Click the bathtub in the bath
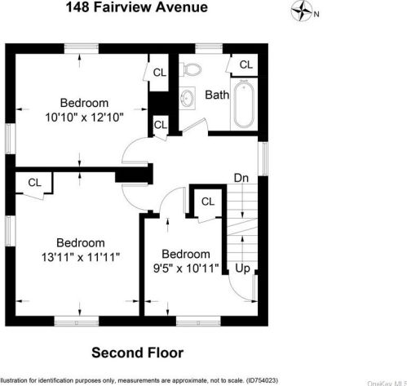[x=244, y=104]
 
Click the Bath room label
[x=216, y=95]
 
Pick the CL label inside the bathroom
[x=246, y=64]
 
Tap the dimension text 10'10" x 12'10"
[x=84, y=117]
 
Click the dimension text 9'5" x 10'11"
[x=184, y=267]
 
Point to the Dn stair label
[x=241, y=178]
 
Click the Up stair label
[x=242, y=268]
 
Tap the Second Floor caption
[x=137, y=353]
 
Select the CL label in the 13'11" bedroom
[x=34, y=183]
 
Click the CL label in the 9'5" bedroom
[x=207, y=202]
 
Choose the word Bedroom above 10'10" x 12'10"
[x=84, y=103]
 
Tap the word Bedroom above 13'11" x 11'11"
[x=80, y=242]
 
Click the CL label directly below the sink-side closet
[x=160, y=125]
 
